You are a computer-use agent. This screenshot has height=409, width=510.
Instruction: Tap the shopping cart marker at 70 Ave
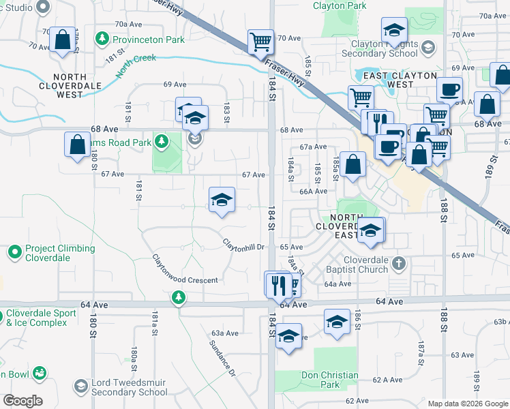pyautogui.click(x=260, y=42)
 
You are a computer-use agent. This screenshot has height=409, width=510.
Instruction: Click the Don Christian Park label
pyautogui.click(x=330, y=380)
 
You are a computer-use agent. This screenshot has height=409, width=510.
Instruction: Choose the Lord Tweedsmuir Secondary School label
pyautogui.click(x=129, y=387)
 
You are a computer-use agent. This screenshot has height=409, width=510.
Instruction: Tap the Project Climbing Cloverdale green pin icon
pyautogui.click(x=14, y=253)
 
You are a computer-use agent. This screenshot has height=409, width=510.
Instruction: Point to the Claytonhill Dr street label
pyautogui.click(x=243, y=243)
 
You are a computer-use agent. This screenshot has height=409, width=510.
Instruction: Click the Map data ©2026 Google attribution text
pyautogui.click(x=467, y=404)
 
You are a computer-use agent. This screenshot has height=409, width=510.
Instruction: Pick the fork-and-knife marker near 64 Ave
pyautogui.click(x=278, y=284)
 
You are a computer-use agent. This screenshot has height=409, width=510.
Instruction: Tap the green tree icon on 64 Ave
pyautogui.click(x=178, y=297)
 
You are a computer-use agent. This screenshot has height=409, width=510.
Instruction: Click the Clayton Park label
pyautogui.click(x=340, y=5)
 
